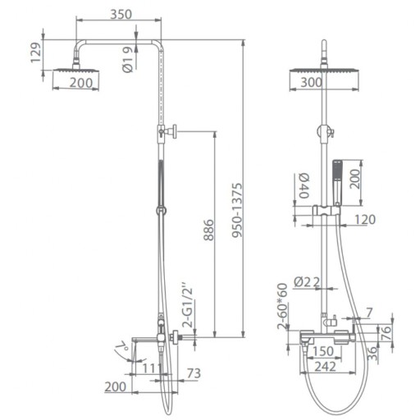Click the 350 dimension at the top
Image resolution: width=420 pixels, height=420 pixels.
coord(121,14)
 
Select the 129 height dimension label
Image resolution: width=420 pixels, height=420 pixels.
coord(36,52)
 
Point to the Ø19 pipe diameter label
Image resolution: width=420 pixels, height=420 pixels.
coord(128,59)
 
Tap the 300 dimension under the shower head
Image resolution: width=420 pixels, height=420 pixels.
coord(312,82)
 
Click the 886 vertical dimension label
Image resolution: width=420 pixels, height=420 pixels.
coord(208,230)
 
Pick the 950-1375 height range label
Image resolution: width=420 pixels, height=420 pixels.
coord(237,210)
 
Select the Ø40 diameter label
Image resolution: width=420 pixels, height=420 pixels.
coord(304,185)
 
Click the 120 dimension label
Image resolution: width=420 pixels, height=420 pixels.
coord(365,219)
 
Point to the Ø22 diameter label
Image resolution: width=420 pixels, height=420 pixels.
coord(307,282)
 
